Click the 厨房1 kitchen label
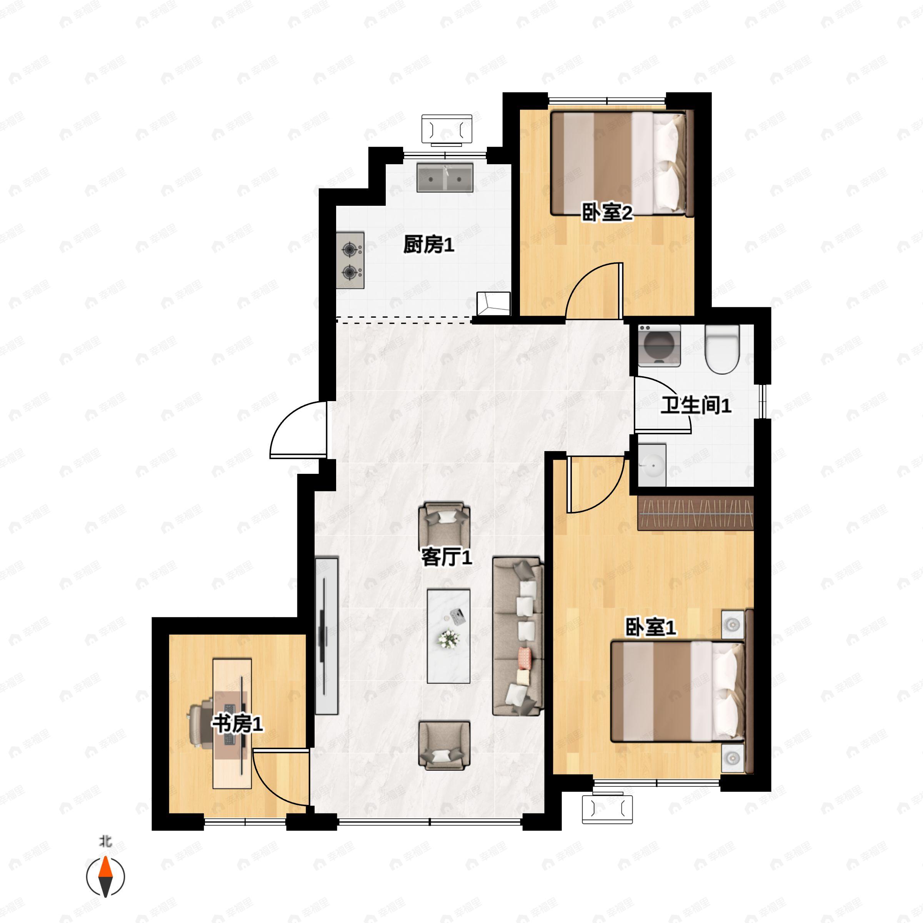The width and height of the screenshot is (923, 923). pos(428,245)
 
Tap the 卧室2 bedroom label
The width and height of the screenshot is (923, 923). pos(607,212)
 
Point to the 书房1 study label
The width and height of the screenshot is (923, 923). pos(237,724)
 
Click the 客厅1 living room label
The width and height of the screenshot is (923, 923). pos(447,556)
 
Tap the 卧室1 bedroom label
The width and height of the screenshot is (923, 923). pos(651,627)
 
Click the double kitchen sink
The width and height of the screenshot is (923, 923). pos(445,178)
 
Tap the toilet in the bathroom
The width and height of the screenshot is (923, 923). pos(722,349)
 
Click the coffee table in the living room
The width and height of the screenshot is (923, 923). pos(448,636)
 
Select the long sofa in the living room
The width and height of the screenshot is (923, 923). pos(518,636)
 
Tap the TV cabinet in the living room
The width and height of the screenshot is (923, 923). pos(327,635)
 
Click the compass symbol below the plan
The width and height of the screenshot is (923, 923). pos(106,877)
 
